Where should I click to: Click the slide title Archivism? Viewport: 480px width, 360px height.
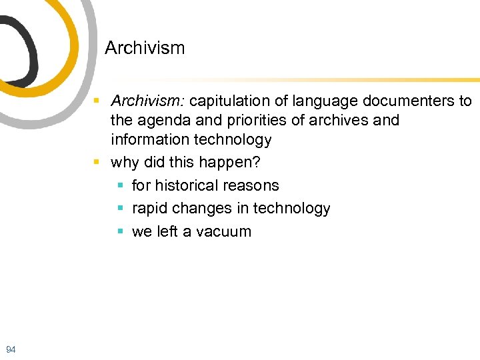pyautogui.click(x=145, y=48)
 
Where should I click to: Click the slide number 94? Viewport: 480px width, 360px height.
pyautogui.click(x=10, y=349)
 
